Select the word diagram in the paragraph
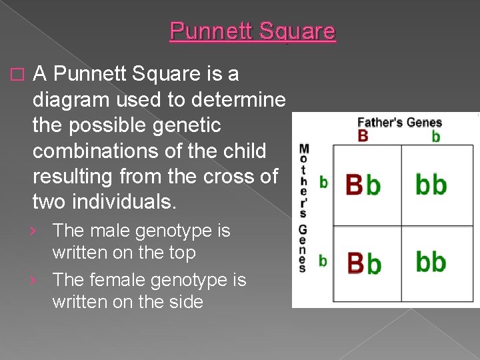point(74,99)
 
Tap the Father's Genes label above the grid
point(399,122)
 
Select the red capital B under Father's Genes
point(363,136)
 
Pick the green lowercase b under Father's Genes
point(436,136)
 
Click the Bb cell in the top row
point(363,184)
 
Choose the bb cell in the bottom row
point(431,262)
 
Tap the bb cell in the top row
point(431,184)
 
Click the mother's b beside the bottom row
point(323,261)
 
